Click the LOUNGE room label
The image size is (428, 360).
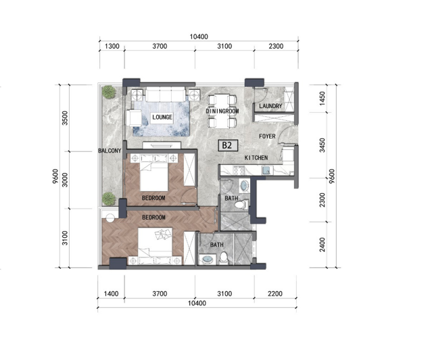coord(162,117)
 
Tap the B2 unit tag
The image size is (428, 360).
coord(228,145)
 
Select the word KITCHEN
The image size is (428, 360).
coord(256,157)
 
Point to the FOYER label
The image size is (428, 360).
coord(267,136)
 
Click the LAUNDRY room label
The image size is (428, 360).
coord(270,106)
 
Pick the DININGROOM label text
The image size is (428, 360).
coord(222,111)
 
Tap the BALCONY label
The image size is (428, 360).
coord(110,151)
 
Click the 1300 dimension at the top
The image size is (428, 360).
coord(112,46)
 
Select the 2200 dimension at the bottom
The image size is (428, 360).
coord(275,294)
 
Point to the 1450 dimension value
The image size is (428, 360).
coord(323,99)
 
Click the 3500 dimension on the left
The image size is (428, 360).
coord(65,118)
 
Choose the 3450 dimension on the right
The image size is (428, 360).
coord(323,145)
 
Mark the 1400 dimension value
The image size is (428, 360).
coord(112,294)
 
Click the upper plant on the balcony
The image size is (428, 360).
coord(109,92)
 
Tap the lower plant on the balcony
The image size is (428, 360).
coord(109,199)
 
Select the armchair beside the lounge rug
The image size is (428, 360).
coord(134,118)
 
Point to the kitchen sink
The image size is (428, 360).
coord(266,170)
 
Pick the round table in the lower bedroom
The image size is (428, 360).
coord(110,218)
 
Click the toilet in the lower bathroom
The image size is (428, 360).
coord(224,258)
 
